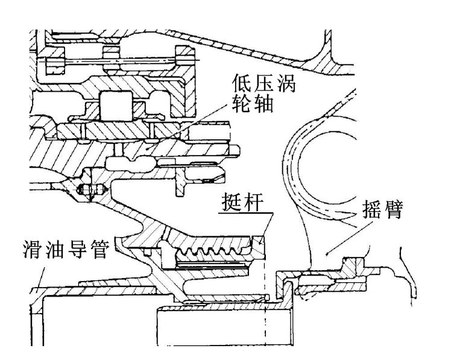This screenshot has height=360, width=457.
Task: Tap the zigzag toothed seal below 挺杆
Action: point(211,248)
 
